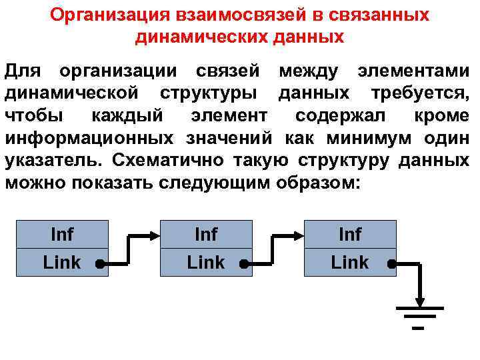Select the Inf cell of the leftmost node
pos(62,234)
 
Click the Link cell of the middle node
pos(205,263)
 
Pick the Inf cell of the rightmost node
pos(350,234)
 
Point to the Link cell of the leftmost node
pos(61,263)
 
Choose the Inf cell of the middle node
pos(206,234)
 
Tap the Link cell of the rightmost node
pos(349,263)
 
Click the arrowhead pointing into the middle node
pos(153,235)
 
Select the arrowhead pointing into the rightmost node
pos(297,235)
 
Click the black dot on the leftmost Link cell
pos(99,264)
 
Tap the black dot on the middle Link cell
pos(244,264)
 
